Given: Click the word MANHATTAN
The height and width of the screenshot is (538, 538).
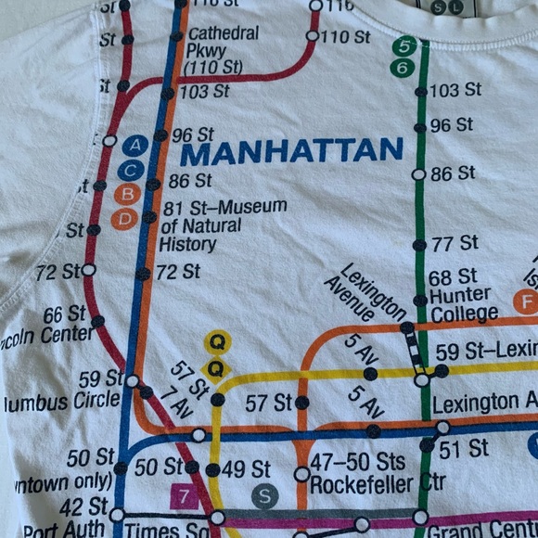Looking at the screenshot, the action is click(291, 150).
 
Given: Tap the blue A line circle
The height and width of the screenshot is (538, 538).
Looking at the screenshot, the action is click(136, 145).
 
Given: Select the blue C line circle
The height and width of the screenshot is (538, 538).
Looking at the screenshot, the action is click(131, 170).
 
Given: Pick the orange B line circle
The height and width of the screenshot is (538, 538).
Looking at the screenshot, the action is click(128, 194).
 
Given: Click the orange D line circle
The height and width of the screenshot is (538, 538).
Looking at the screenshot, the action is click(123, 219).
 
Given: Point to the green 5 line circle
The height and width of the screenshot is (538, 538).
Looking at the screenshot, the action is click(403, 46).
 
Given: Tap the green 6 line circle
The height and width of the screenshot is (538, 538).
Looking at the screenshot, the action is click(402, 68).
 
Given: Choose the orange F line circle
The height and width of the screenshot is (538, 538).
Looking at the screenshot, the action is click(525, 301).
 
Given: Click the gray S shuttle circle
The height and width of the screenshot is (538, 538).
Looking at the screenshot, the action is click(264, 496).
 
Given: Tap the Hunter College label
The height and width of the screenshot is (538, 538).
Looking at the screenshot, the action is click(464, 304).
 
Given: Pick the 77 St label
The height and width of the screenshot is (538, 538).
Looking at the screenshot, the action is click(455, 243).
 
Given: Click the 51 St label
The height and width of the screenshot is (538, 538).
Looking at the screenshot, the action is click(464, 448).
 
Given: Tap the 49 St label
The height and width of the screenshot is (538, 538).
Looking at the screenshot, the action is click(247, 469).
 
